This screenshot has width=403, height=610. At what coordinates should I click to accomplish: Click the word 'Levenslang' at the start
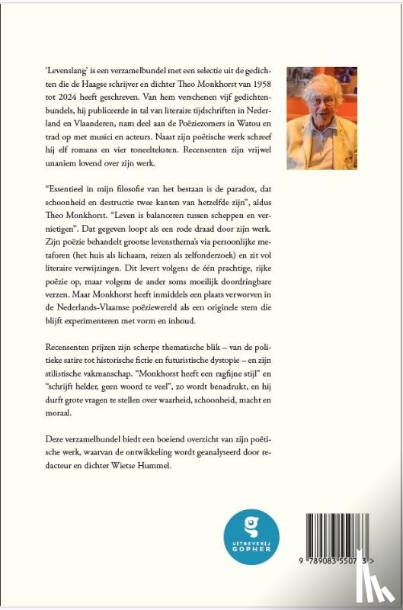[66, 69]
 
